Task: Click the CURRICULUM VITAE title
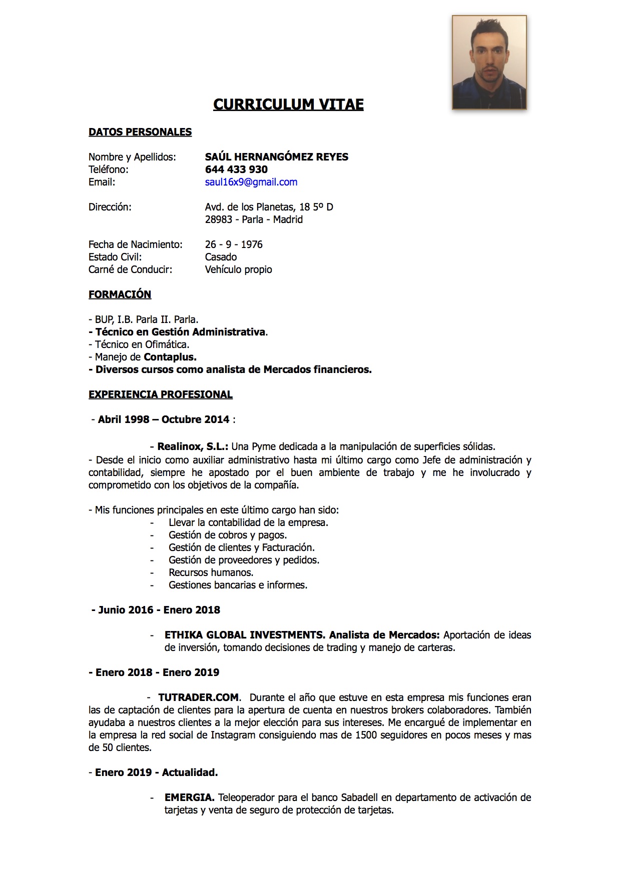[288, 104]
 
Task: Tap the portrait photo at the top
[489, 62]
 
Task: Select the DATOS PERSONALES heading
[140, 132]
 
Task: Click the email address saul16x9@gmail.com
[251, 182]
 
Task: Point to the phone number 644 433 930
[236, 169]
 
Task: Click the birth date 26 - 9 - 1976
[234, 244]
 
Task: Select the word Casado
[221, 257]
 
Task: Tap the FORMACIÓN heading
[120, 294]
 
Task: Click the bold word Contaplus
[170, 357]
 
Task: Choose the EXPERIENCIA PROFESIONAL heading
[161, 394]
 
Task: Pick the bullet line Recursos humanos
[211, 572]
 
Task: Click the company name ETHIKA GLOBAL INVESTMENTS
[245, 635]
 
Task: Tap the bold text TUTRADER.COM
[199, 697]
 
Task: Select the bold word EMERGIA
[190, 797]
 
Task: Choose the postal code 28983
[219, 219]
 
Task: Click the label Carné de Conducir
[131, 269]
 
